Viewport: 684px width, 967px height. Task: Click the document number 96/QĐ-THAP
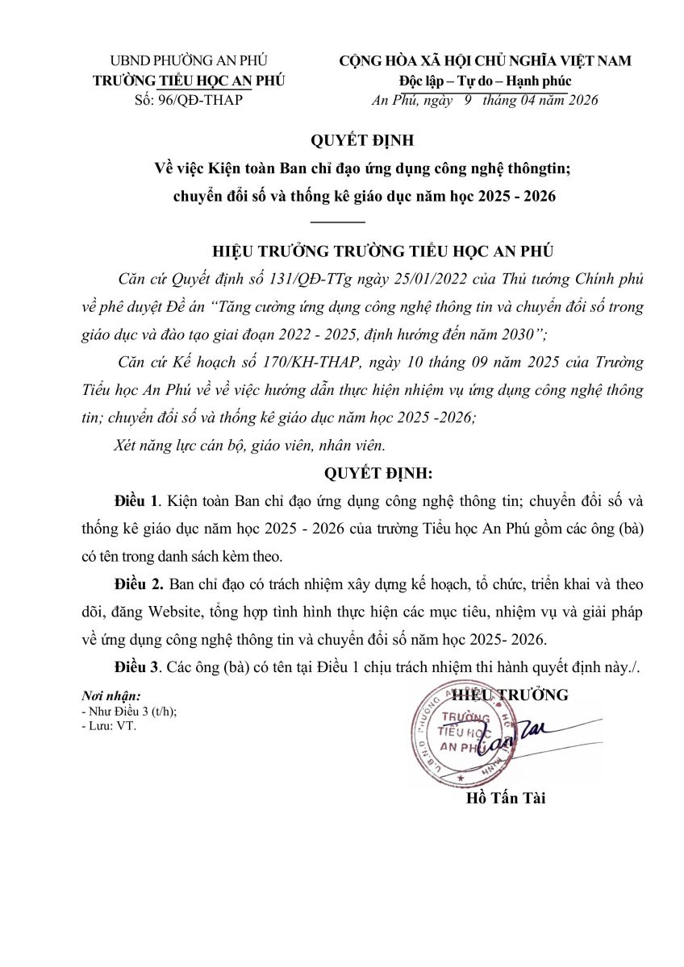pos(199,100)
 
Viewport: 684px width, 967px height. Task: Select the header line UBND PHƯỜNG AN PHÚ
pos(189,60)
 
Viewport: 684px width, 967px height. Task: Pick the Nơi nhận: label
pos(111,695)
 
